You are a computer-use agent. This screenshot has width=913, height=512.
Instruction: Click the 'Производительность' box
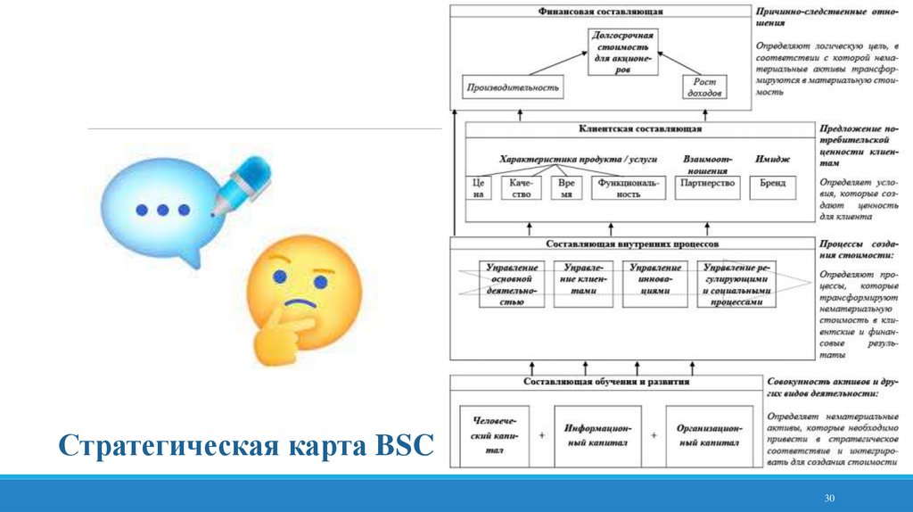(514, 87)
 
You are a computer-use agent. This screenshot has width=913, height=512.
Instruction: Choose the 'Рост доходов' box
(704, 87)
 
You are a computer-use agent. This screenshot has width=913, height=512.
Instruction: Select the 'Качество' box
(522, 187)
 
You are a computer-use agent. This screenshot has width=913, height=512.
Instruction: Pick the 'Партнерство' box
(706, 183)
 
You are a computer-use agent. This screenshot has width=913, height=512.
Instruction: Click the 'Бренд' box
(773, 183)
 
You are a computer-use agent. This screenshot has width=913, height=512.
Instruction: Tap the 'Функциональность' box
(629, 187)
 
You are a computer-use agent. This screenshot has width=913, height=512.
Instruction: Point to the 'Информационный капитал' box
(597, 435)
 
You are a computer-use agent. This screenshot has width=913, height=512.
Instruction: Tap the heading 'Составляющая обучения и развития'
(606, 383)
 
